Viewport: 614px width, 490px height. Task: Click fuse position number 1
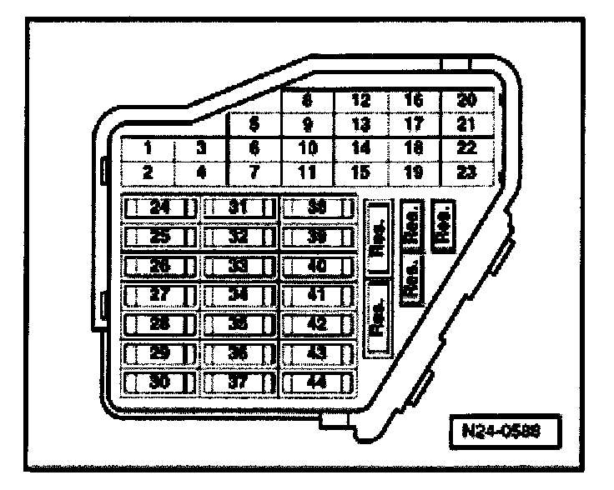click(148, 149)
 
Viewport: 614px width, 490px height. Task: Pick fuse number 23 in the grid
click(468, 172)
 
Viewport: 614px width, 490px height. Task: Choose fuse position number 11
click(308, 172)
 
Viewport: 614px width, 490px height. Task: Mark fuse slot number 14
click(361, 149)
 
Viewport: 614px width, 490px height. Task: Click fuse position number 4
click(201, 172)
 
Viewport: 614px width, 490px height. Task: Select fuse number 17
click(415, 126)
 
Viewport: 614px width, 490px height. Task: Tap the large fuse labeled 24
click(159, 207)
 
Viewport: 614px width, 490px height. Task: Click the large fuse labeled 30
click(159, 382)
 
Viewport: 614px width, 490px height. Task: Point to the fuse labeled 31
click(239, 207)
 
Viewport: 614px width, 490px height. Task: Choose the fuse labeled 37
click(239, 382)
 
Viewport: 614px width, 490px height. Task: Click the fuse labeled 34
click(239, 295)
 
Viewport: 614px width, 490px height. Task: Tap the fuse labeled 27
click(159, 295)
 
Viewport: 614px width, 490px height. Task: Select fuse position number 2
click(148, 172)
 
